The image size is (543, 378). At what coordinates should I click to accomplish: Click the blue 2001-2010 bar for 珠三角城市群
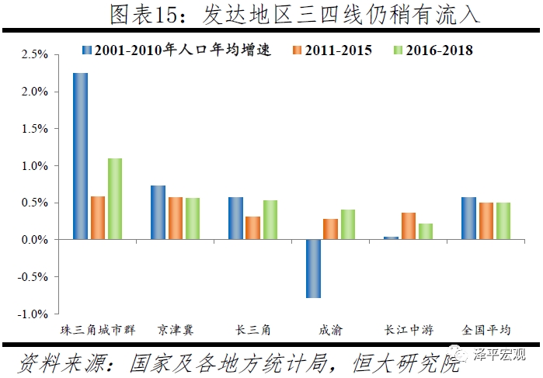click(x=80, y=156)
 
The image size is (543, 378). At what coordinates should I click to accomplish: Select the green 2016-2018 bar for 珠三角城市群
click(x=115, y=199)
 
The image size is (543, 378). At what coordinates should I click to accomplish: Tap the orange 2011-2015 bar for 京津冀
click(x=176, y=218)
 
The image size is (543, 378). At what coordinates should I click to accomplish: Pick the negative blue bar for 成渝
click(x=313, y=269)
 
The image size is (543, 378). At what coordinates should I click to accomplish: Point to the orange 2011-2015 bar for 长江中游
click(x=409, y=226)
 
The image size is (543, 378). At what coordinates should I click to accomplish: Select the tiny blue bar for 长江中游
click(x=391, y=238)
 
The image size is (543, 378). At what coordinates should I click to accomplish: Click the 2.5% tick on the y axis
click(x=35, y=55)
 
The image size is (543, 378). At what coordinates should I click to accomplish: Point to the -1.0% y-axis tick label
click(x=33, y=314)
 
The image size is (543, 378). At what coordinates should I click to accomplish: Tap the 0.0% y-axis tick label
click(x=35, y=240)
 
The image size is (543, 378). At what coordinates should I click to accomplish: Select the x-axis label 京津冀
click(x=176, y=330)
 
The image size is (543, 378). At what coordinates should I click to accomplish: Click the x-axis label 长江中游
click(x=409, y=330)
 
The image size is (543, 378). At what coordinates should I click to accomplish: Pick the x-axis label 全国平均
click(x=486, y=330)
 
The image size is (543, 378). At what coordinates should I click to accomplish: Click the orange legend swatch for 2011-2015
click(x=296, y=50)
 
